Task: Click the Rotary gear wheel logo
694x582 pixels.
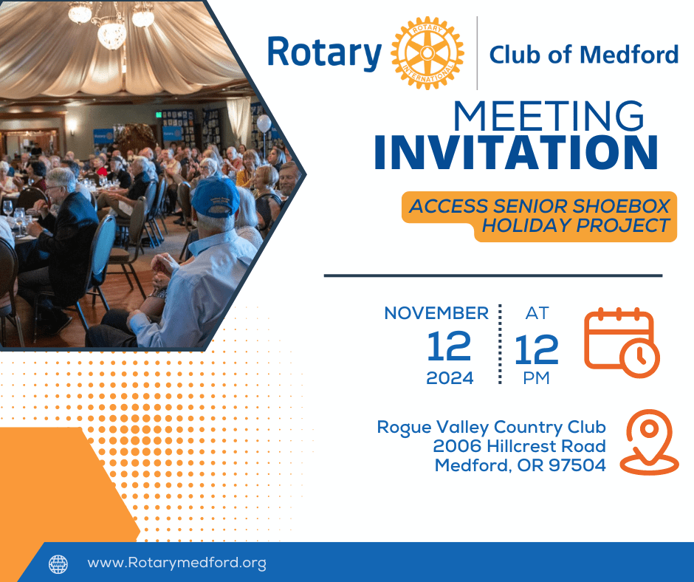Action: click(427, 53)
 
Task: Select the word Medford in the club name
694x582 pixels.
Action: click(629, 55)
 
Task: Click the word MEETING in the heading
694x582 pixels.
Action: click(549, 116)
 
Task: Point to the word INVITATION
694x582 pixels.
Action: click(516, 152)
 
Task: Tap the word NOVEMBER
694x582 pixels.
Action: click(436, 313)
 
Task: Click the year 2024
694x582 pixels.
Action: click(450, 378)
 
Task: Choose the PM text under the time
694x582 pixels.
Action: click(537, 378)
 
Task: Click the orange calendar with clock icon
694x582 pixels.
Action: click(622, 343)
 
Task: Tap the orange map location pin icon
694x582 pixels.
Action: click(649, 442)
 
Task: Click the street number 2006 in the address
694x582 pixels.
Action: click(457, 446)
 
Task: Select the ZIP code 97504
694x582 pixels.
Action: click(577, 465)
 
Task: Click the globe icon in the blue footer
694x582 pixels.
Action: click(58, 564)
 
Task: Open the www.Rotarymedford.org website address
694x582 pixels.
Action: click(177, 563)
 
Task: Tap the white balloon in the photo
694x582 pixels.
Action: click(264, 123)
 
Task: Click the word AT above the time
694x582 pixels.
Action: click(537, 313)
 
